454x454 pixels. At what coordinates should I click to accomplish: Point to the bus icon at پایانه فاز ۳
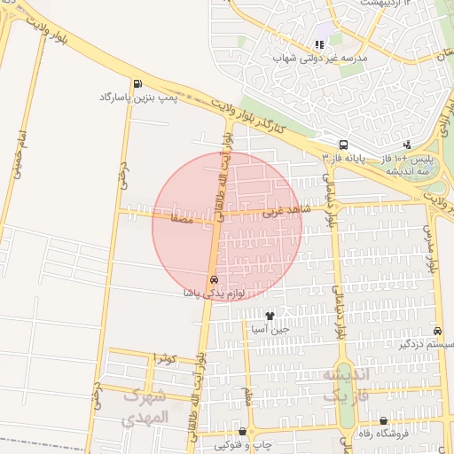pos(343,145)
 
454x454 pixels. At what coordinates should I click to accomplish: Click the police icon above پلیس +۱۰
pos(407,145)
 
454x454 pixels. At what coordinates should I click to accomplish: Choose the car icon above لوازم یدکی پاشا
pos(213,280)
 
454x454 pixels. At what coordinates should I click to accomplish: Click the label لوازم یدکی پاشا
pos(213,292)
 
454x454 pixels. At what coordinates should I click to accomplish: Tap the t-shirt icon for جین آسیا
pos(270,316)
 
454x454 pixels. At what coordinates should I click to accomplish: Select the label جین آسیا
pos(270,328)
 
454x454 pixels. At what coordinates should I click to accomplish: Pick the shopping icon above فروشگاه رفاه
pos(383,421)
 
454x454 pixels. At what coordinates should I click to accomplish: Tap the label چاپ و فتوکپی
pos(234,442)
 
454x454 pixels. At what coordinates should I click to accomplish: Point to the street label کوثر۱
pos(167,358)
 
